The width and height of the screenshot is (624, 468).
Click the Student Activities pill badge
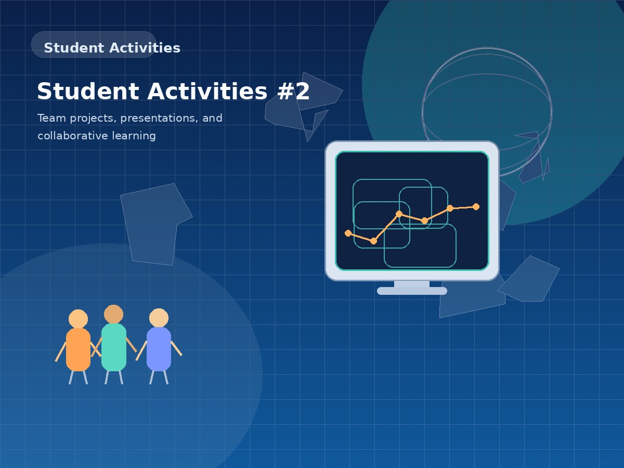point(94,45)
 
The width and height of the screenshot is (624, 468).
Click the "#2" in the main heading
point(293,92)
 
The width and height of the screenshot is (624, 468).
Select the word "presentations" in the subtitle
point(159,119)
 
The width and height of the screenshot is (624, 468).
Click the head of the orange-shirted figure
point(78,319)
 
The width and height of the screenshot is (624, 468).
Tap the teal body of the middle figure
point(114,347)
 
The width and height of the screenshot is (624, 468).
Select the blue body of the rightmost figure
point(159,348)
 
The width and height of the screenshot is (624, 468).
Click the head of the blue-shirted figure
point(159,318)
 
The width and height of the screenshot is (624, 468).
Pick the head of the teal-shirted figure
point(113,314)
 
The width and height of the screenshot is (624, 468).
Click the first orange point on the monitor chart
point(348,233)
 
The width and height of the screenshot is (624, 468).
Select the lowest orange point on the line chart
point(373,241)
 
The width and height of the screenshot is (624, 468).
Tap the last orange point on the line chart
point(476,206)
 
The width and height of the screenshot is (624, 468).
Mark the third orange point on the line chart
point(399,214)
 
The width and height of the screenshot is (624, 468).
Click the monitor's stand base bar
point(412,291)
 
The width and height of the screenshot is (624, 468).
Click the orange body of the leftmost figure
point(78,349)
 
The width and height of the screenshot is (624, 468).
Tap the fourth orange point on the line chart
point(425,220)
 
